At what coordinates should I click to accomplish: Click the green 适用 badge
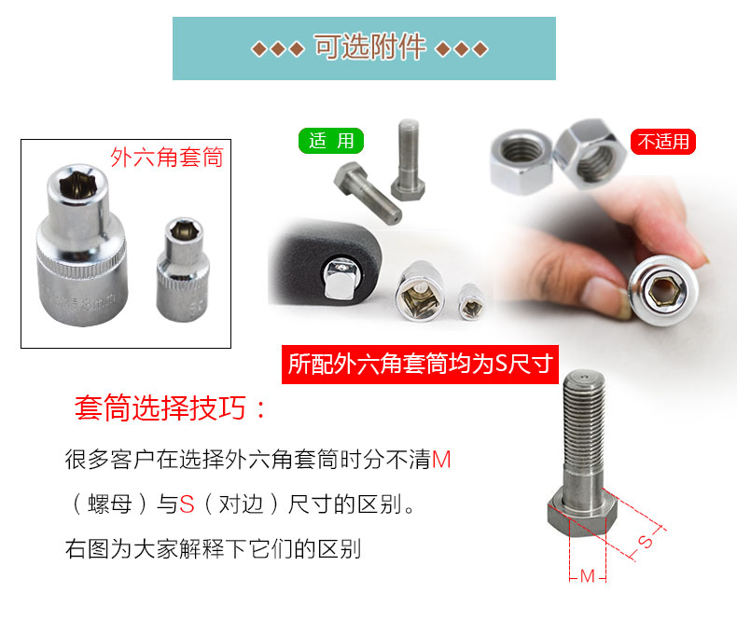pos(331,141)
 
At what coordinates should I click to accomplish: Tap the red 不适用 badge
pos(662,142)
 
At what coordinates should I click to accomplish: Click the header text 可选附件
pos(370,47)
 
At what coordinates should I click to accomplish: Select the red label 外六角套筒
pos(167,157)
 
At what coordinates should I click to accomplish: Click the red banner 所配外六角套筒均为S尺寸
pos(420,365)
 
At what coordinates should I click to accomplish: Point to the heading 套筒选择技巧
pos(160,407)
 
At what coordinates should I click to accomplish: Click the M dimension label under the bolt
pos(588,576)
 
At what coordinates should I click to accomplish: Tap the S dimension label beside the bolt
pos(646,541)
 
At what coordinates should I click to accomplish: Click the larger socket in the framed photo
pos(81,244)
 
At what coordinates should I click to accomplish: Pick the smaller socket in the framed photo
pos(182,269)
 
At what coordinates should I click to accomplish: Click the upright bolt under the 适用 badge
pos(408,160)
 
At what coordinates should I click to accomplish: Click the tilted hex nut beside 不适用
pos(589,154)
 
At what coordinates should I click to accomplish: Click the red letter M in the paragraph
pos(441,459)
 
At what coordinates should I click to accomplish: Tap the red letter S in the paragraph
pos(187,504)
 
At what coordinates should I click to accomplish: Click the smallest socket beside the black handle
pos(471,301)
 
